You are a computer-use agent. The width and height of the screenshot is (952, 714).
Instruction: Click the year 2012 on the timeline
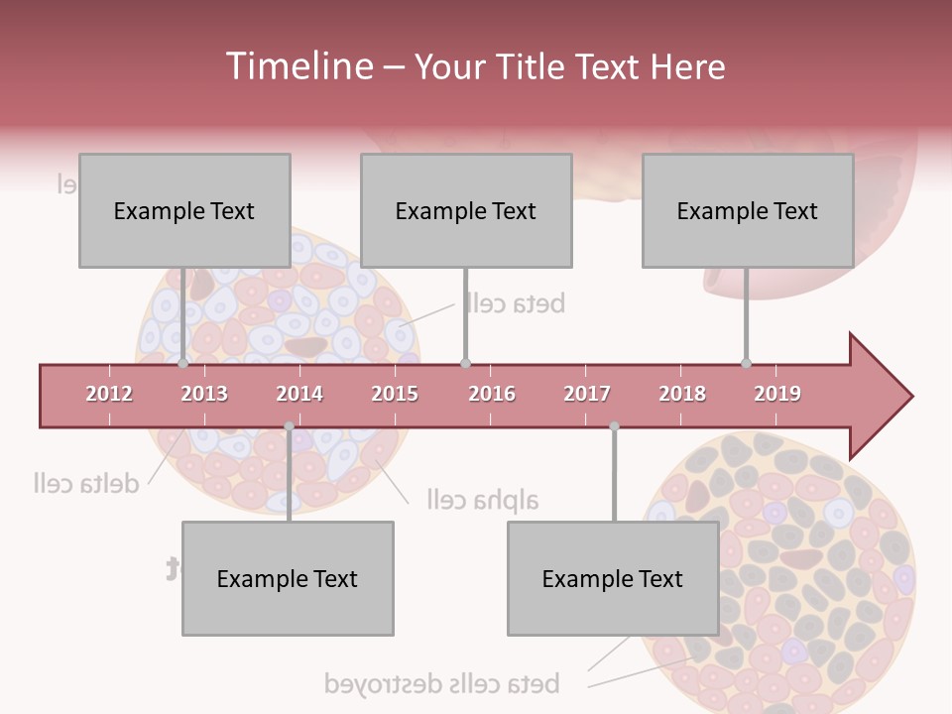tap(109, 394)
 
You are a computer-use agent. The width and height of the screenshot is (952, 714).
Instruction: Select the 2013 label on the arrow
tap(204, 394)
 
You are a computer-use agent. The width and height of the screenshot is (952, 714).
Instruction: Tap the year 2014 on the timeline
tap(299, 394)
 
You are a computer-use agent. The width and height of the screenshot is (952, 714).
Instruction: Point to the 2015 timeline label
tap(395, 394)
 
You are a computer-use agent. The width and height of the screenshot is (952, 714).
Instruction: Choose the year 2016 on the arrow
tap(492, 394)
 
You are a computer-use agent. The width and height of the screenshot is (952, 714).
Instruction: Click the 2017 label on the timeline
tap(587, 394)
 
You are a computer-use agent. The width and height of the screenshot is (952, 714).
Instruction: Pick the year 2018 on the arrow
tap(682, 394)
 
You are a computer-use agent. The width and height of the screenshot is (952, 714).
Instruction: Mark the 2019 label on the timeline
tap(777, 394)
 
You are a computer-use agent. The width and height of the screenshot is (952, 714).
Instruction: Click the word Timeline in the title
tap(297, 66)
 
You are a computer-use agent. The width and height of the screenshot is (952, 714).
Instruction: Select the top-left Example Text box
tap(184, 210)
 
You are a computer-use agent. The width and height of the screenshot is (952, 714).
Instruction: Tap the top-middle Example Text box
tap(466, 210)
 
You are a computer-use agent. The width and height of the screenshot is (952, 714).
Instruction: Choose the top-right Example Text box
tap(748, 210)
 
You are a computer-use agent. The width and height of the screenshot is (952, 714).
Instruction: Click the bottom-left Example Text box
tap(288, 578)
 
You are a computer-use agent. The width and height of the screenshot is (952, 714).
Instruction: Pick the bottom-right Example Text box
tap(613, 578)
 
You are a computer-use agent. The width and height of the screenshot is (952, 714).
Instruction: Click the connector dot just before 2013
tap(183, 364)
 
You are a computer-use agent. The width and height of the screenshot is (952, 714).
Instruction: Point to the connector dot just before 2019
tap(747, 364)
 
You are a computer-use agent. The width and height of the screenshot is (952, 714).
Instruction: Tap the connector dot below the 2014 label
tap(289, 426)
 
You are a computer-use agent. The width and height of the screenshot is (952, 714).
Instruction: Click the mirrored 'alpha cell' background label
tap(483, 499)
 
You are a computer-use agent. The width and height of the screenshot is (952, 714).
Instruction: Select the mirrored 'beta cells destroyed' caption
tap(442, 683)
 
